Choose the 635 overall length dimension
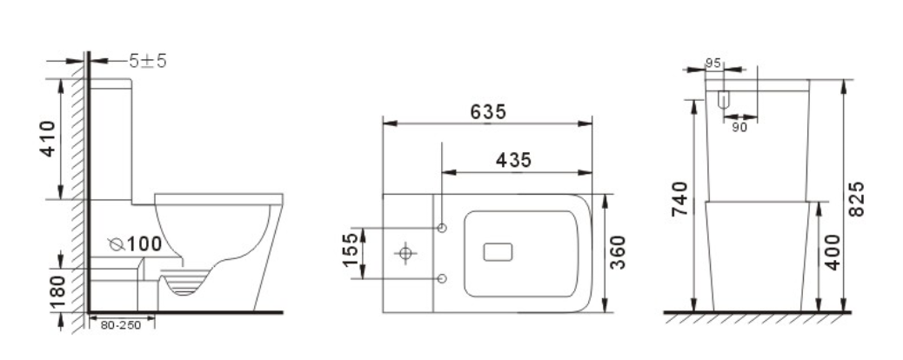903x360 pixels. click(489, 112)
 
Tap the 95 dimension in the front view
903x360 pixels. click(712, 63)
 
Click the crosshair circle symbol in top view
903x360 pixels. click(405, 253)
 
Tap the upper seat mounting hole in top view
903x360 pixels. click(443, 228)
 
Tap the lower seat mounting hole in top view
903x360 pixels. click(443, 278)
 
